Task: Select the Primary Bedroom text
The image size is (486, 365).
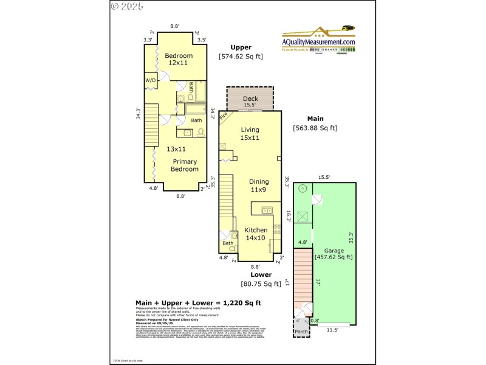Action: (x=185, y=165)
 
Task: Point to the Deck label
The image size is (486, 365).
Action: (x=250, y=99)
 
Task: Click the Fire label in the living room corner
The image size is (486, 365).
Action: (x=224, y=115)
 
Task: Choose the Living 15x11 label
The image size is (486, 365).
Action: (x=250, y=134)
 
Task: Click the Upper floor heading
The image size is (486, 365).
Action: (x=241, y=47)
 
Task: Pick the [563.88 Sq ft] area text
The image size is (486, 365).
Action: (x=315, y=128)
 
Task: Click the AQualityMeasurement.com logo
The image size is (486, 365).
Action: (x=319, y=39)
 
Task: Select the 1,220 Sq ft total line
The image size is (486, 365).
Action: (x=198, y=302)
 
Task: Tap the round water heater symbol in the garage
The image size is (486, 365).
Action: (x=301, y=189)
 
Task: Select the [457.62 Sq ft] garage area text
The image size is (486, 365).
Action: (x=333, y=257)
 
